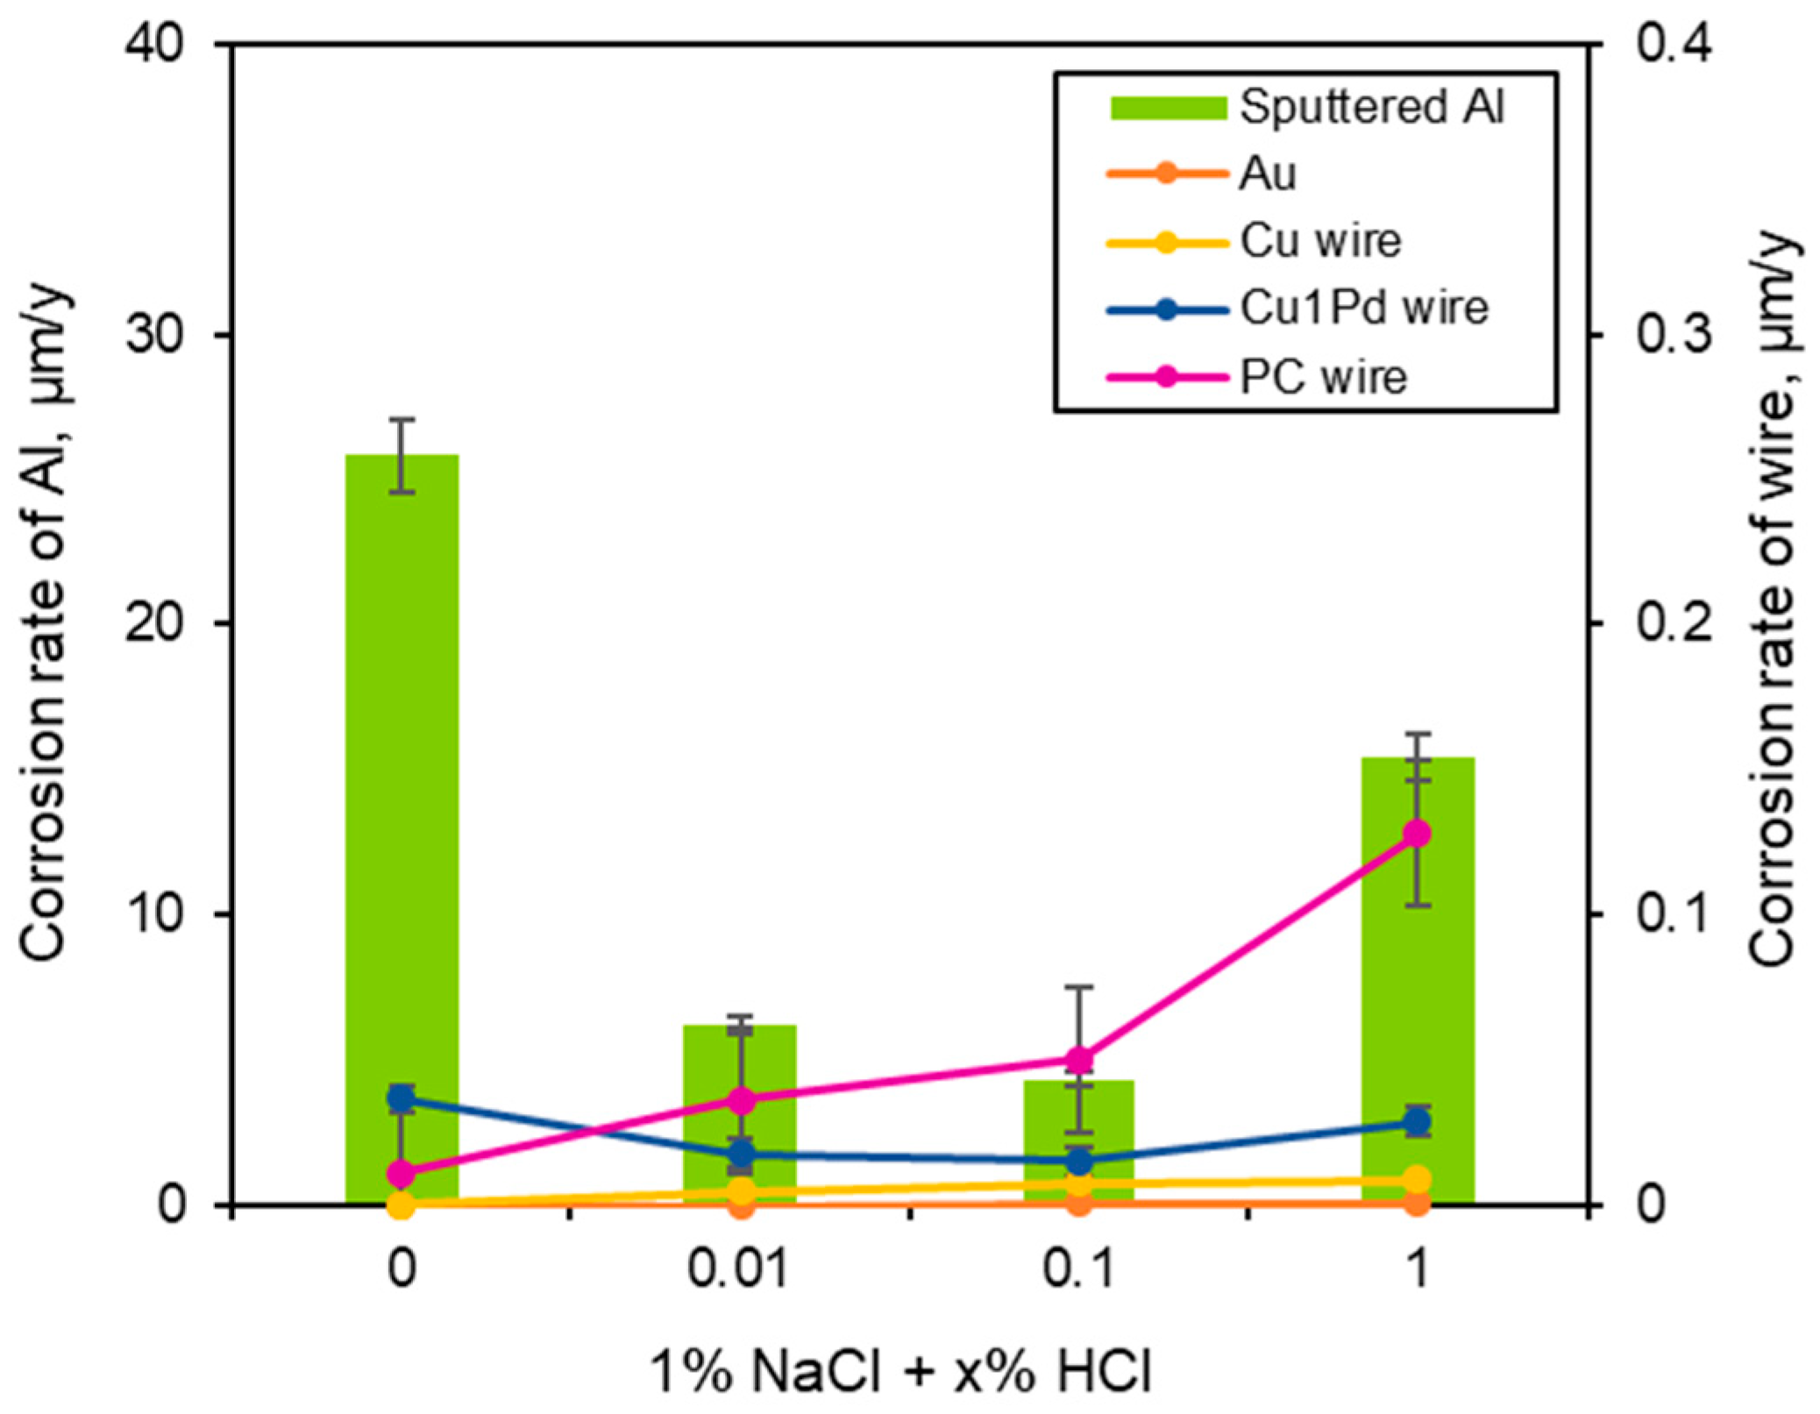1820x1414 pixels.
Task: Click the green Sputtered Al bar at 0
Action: tap(402, 789)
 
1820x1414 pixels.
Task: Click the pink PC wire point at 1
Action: tap(1417, 833)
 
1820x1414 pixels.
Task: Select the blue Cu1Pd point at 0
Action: tap(402, 1098)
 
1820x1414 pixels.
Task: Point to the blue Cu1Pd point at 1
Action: tap(1417, 1122)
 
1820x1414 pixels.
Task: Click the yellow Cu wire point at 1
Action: tap(1417, 1179)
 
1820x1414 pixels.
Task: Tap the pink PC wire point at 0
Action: tap(402, 1172)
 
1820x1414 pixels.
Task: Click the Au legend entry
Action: tap(1267, 174)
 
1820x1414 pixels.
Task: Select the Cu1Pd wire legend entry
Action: tap(1363, 309)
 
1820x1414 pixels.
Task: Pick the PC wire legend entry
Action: tap(1323, 377)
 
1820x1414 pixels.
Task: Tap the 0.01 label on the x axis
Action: tap(738, 1268)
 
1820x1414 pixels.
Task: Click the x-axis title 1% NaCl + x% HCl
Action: tap(900, 1371)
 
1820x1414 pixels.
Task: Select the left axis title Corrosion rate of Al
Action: tap(44, 622)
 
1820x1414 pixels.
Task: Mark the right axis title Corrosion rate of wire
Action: tap(1773, 600)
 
